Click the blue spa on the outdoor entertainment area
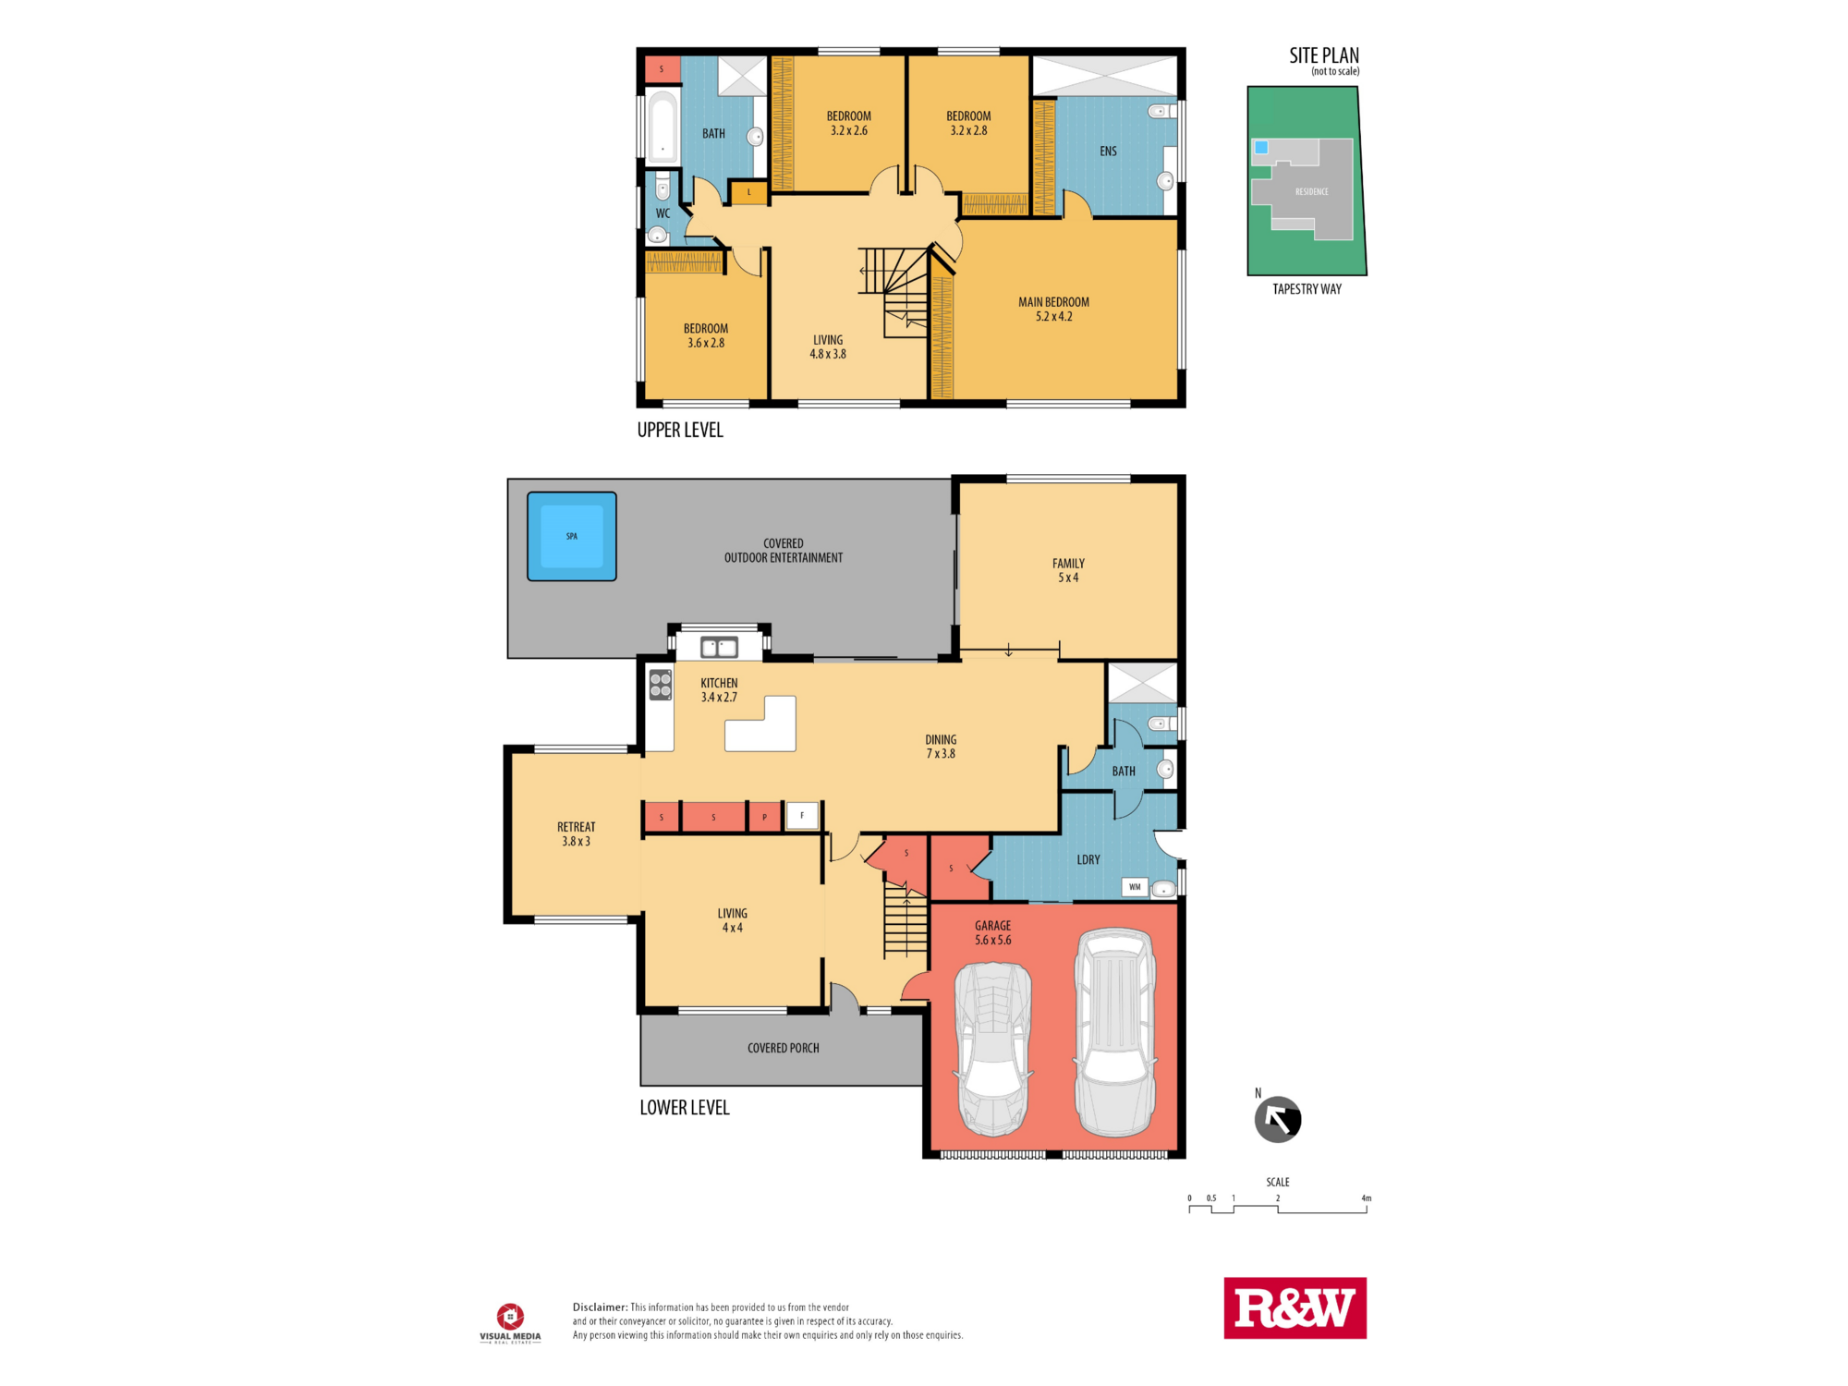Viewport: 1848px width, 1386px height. pos(572,536)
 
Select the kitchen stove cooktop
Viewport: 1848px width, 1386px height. pos(660,685)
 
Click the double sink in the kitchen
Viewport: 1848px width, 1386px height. pos(719,648)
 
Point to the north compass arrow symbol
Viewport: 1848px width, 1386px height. pos(1278,1120)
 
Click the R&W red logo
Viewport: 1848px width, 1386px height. pos(1295,1307)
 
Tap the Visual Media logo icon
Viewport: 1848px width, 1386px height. pos(510,1316)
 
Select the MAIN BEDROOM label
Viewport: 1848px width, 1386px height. pos(1053,302)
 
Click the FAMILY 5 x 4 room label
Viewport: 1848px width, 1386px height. pos(1068,570)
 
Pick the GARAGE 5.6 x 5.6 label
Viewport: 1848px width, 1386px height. pos(992,932)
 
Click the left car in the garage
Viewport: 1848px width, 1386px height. pos(993,1049)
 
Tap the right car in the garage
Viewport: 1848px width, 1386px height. pos(1115,1032)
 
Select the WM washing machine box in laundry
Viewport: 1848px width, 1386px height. pos(1135,887)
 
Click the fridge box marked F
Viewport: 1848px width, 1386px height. pos(802,815)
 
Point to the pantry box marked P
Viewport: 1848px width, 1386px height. pos(764,817)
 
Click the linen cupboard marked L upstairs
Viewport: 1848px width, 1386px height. pos(749,192)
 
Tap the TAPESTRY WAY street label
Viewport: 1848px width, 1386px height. pos(1307,289)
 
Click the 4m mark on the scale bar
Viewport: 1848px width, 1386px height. pos(1366,1198)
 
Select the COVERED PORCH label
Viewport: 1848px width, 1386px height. pos(783,1048)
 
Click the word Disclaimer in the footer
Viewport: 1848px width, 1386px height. pos(600,1307)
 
